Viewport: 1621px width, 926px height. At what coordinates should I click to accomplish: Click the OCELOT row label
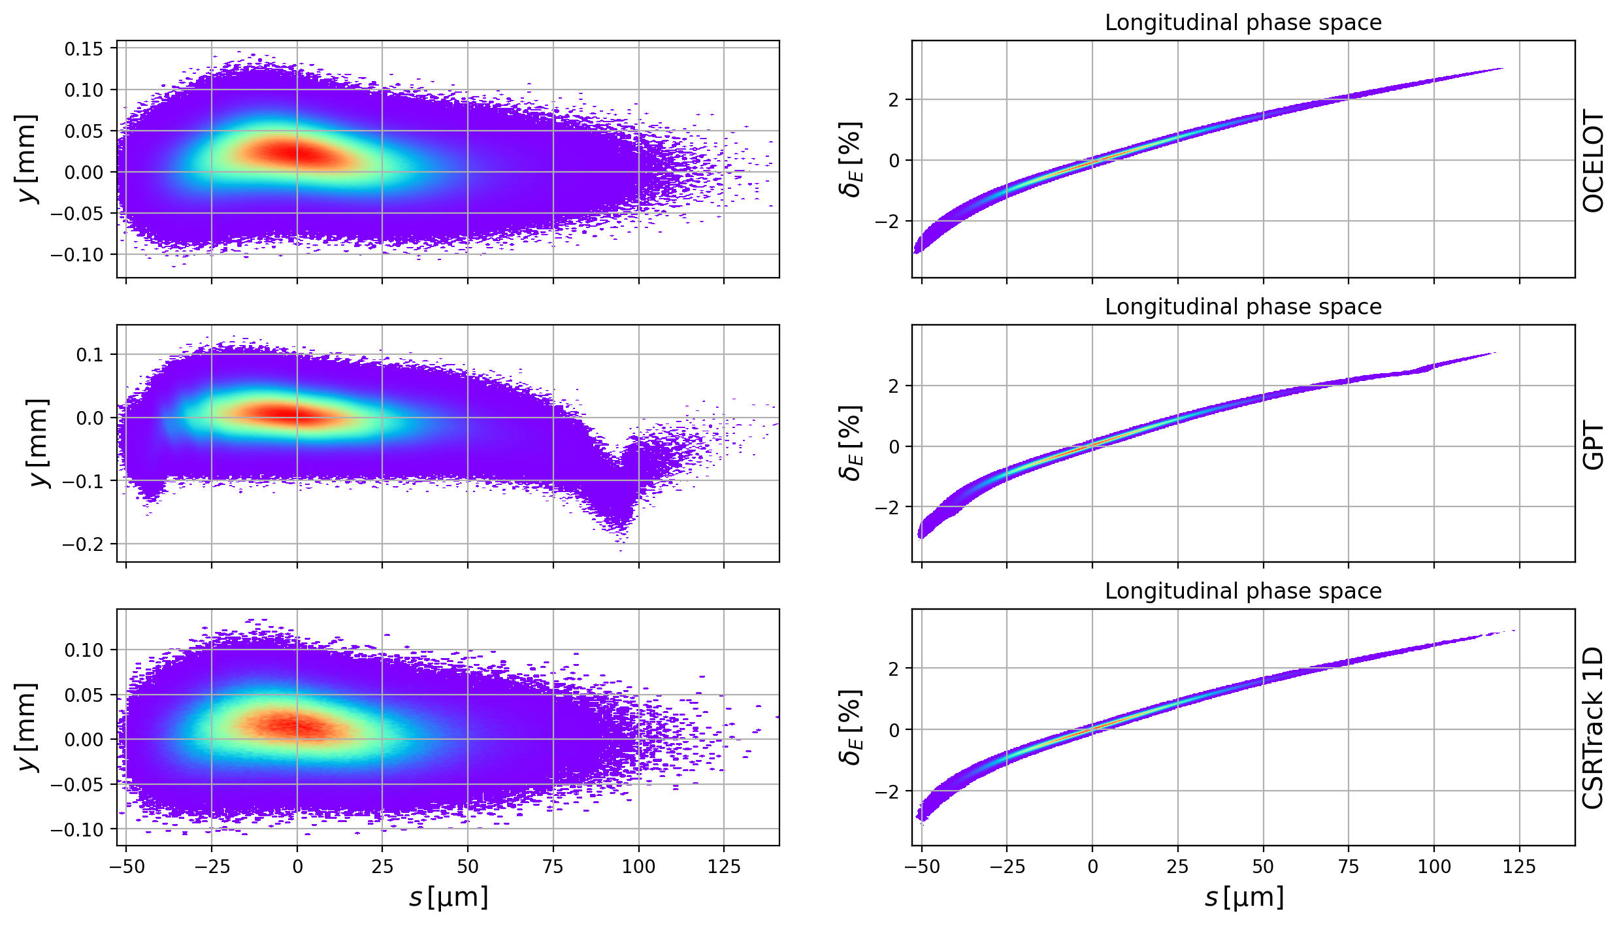1594,161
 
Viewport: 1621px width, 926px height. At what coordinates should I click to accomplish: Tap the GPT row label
1594,446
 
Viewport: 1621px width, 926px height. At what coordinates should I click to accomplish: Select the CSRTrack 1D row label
1594,728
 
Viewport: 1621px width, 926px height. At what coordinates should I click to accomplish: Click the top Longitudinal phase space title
1243,23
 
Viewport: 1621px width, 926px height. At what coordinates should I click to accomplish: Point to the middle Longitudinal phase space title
1243,307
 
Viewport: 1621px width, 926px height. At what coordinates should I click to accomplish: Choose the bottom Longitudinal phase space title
1243,591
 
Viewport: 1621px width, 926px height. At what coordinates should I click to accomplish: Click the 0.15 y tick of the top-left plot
84,49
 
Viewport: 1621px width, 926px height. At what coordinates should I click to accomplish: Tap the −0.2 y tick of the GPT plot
83,544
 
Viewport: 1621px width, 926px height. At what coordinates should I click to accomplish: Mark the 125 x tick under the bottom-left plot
724,867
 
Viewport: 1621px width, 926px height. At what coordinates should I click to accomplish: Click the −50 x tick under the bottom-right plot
921,867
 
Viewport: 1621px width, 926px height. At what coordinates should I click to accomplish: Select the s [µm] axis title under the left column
448,898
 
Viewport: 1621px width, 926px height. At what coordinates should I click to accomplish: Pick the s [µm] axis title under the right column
1243,898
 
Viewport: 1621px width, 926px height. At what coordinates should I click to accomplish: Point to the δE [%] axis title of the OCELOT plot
850,159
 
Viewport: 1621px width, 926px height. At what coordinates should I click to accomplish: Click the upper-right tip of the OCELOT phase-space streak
1501,69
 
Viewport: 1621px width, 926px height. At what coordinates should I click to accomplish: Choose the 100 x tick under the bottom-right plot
1434,867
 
